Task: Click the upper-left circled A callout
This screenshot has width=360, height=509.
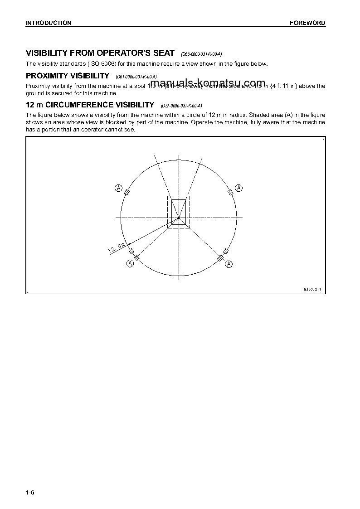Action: (118, 188)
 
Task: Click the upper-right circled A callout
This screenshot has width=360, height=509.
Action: (239, 188)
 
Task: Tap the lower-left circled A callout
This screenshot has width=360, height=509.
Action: (130, 263)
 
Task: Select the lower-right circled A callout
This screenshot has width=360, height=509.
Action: (229, 263)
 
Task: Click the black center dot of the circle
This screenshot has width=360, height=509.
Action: (179, 218)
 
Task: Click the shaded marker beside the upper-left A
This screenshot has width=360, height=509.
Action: (127, 193)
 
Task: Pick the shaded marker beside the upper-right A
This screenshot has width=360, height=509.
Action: (230, 193)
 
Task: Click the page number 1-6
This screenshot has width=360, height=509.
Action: (30, 493)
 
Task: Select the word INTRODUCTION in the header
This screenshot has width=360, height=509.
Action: (49, 23)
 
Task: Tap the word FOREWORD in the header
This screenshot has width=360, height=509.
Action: (308, 23)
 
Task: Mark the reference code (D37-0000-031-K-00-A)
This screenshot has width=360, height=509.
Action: (181, 106)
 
